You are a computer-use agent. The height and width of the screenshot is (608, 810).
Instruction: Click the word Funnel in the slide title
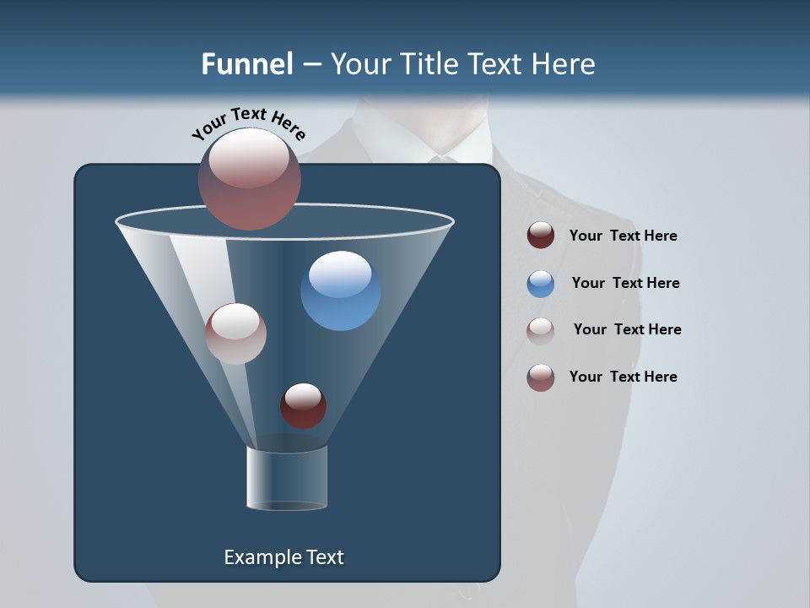pyautogui.click(x=246, y=64)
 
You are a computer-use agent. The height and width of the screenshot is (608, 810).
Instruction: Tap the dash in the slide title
pyautogui.click(x=310, y=65)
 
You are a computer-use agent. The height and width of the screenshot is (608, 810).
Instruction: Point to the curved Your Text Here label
pyautogui.click(x=248, y=124)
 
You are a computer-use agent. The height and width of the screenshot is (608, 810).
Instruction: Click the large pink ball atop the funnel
pyautogui.click(x=250, y=179)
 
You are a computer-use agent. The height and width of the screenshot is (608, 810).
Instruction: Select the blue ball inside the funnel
pyautogui.click(x=341, y=290)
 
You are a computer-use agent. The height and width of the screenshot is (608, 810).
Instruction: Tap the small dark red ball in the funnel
pyautogui.click(x=303, y=406)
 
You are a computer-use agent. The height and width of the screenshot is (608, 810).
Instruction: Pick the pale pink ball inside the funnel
pyautogui.click(x=235, y=334)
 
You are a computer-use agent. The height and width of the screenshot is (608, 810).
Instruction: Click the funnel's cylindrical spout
pyautogui.click(x=287, y=478)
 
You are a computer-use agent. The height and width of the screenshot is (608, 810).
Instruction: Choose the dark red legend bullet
pyautogui.click(x=541, y=236)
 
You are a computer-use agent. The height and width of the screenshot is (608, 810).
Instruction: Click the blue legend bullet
pyautogui.click(x=541, y=283)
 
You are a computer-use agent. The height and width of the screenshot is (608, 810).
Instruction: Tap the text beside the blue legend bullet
pyautogui.click(x=625, y=283)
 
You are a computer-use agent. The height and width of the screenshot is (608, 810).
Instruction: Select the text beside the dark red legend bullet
pyautogui.click(x=623, y=236)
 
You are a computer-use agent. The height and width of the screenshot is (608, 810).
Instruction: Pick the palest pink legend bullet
pyautogui.click(x=541, y=330)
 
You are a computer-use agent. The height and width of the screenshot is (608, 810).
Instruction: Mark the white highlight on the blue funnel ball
pyautogui.click(x=340, y=273)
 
